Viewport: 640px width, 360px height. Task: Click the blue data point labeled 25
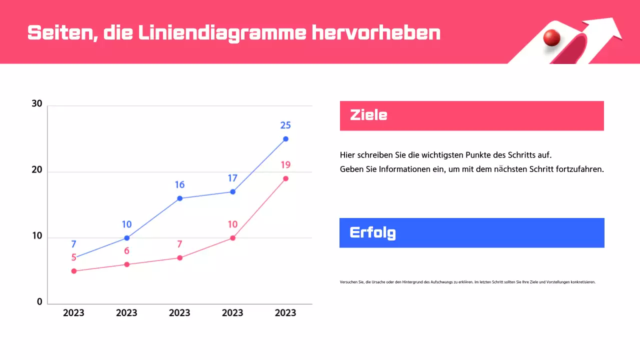[285, 139]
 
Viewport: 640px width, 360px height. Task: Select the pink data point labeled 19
[285, 178]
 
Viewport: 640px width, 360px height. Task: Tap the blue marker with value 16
[179, 198]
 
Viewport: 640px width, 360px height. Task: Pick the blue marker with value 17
[232, 191]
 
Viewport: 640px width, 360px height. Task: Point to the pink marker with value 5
[73, 271]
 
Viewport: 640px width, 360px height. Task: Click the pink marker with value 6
[126, 264]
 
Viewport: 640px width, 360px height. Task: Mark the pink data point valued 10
[232, 238]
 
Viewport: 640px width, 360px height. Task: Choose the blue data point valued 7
[73, 257]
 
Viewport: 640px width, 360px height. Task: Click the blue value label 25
[285, 125]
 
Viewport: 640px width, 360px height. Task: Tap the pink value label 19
[285, 165]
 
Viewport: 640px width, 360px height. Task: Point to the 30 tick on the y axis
[37, 104]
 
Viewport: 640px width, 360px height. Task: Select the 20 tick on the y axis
[37, 170]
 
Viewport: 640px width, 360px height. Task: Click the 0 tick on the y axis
[39, 302]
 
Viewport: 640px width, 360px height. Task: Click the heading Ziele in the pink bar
[368, 115]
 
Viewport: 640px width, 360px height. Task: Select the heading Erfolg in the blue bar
[372, 232]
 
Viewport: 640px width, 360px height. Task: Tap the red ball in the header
[552, 38]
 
